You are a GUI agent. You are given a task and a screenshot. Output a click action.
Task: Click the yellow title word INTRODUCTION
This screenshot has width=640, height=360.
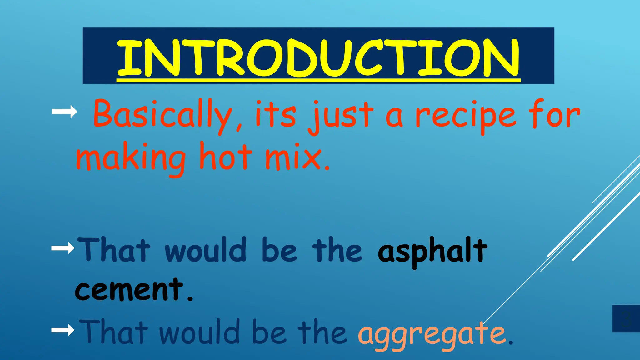point(318,58)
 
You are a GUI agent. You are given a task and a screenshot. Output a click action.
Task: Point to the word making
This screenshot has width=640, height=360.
point(131,158)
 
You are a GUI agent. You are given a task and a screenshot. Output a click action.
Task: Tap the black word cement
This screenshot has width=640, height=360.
point(129,290)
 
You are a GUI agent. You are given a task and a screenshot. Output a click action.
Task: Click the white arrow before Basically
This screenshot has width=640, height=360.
point(64,112)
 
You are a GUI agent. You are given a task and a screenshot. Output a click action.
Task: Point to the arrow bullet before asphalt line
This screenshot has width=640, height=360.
point(63,248)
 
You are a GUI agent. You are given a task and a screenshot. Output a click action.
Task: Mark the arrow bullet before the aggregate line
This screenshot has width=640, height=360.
point(63,330)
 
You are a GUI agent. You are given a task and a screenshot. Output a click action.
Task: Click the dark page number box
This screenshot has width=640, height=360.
point(626,318)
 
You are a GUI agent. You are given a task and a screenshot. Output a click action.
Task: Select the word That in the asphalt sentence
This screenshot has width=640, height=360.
point(114,250)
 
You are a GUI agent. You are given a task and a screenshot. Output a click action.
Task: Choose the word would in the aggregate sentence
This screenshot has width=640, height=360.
point(199,332)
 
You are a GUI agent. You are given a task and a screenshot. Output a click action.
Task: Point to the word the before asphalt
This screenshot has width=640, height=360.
point(337,250)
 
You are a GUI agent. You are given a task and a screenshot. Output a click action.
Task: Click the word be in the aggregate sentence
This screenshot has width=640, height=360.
point(269,332)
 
